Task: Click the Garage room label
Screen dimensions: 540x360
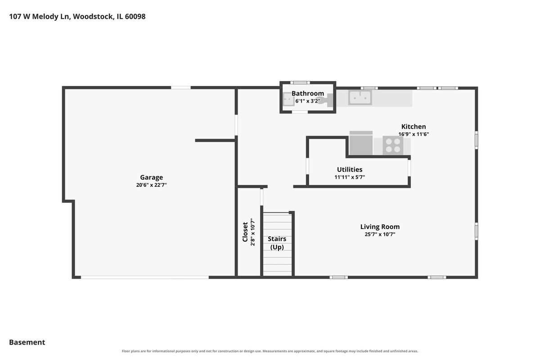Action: click(151, 178)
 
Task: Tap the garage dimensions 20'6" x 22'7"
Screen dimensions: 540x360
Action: click(151, 185)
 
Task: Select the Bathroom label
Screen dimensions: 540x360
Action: click(308, 93)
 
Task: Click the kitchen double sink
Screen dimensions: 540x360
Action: click(360, 98)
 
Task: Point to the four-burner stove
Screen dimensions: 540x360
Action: click(393, 145)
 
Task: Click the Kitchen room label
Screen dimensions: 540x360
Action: click(414, 126)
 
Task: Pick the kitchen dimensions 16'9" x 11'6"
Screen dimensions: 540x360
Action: click(414, 134)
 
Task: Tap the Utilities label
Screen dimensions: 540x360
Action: click(350, 170)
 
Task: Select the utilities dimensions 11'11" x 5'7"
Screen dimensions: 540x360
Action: click(350, 177)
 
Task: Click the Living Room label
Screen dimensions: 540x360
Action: click(380, 227)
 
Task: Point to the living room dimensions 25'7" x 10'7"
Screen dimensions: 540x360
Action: click(380, 234)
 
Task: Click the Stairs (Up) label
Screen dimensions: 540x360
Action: click(277, 243)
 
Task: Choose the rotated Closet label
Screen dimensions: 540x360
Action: click(245, 232)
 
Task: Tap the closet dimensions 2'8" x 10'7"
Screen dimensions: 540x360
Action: click(252, 232)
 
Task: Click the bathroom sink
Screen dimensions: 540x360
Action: click(288, 99)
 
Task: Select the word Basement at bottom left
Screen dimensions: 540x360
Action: click(27, 342)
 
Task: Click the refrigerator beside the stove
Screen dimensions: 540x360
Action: click(361, 143)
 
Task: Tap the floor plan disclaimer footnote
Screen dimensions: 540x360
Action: click(270, 351)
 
